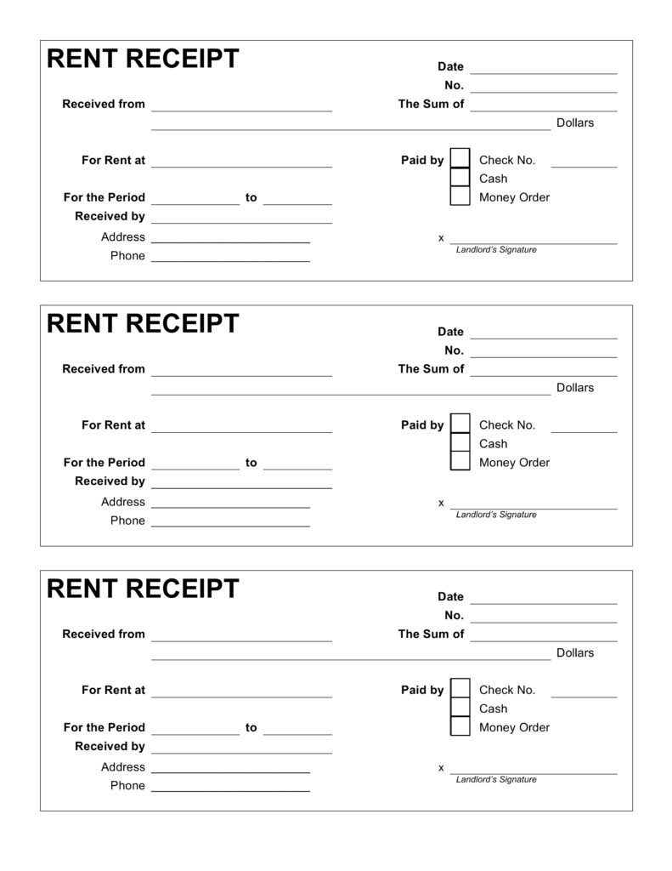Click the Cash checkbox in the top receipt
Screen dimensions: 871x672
460,178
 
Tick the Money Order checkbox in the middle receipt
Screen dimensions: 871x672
460,462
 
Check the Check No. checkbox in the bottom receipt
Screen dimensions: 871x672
460,688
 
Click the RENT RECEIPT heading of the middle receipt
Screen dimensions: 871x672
143,324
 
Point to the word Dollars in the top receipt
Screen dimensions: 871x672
575,122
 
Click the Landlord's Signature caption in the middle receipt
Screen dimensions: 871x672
496,515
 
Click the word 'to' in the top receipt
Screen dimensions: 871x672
251,197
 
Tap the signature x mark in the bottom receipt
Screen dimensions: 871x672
441,767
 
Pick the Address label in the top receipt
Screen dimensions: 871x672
123,236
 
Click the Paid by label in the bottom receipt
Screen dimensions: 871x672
422,690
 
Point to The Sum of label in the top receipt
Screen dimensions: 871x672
432,104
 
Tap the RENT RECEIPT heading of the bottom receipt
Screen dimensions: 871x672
143,589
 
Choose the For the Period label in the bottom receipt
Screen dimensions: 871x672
104,727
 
